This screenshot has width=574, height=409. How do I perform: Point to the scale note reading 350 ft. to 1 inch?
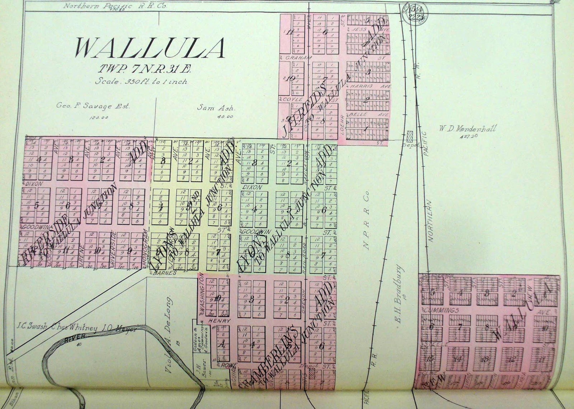[x=141, y=81]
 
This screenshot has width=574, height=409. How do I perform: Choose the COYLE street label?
[x=288, y=99]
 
